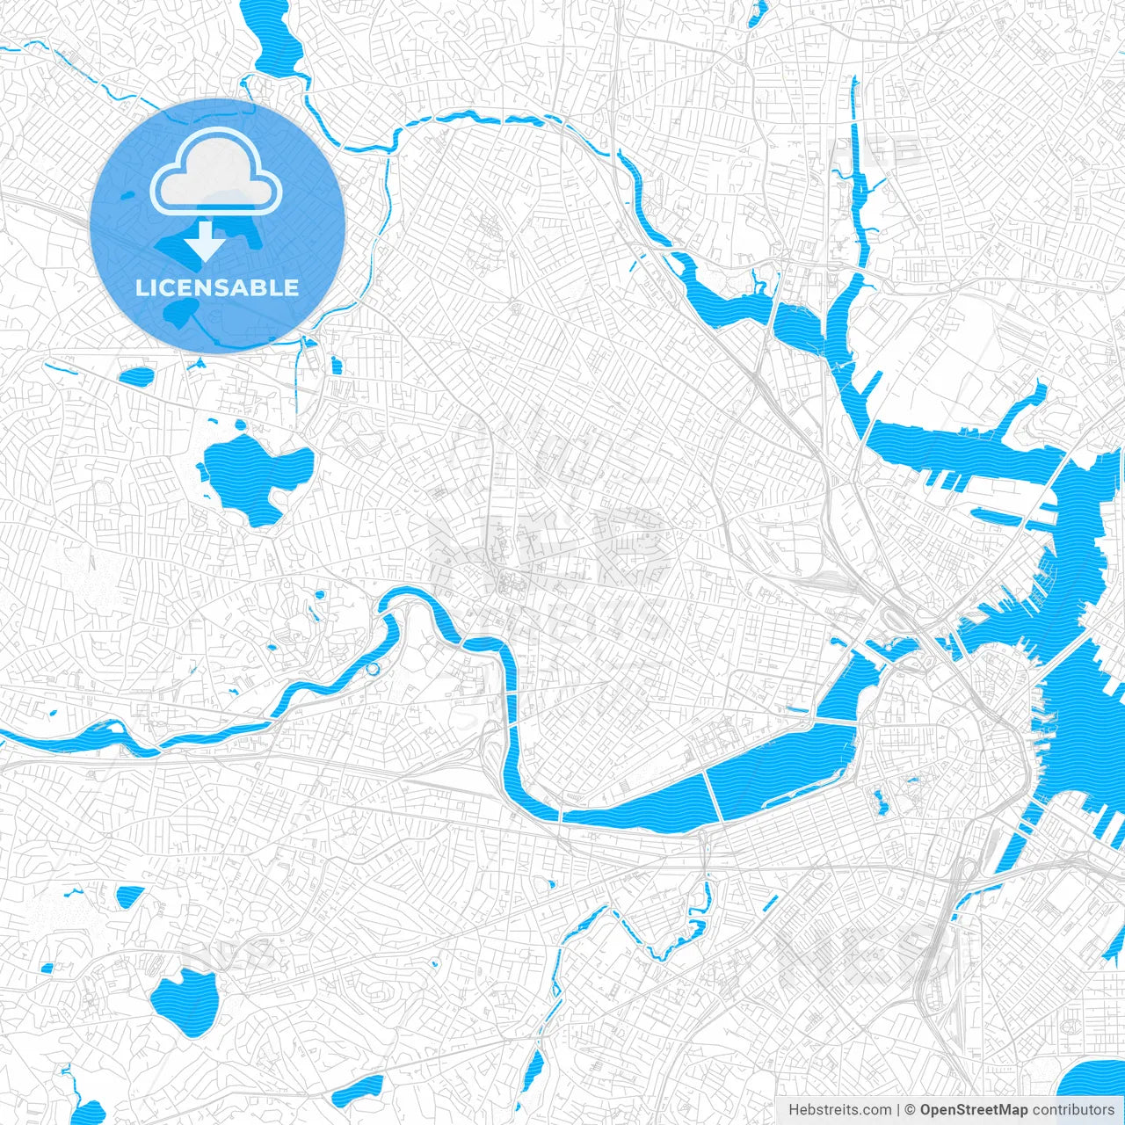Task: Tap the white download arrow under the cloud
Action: pos(206,241)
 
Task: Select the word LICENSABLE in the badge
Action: pos(217,287)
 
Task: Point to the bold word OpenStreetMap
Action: pos(974,1110)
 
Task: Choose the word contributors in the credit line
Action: pos(1073,1110)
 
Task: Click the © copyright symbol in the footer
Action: pos(910,1110)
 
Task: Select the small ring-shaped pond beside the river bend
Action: pos(373,670)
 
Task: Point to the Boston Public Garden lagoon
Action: pos(880,801)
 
